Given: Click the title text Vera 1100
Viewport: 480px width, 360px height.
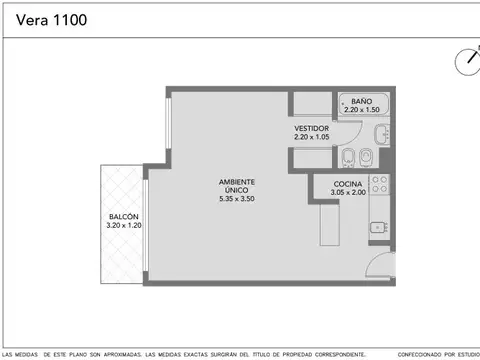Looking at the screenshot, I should (x=58, y=18).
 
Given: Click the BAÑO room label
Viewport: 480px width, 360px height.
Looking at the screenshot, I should (x=361, y=102).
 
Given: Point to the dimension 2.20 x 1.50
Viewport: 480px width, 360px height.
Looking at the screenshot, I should (x=361, y=110).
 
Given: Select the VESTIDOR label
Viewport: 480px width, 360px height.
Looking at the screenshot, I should (x=313, y=129).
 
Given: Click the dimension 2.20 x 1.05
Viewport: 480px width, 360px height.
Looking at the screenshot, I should (x=313, y=137).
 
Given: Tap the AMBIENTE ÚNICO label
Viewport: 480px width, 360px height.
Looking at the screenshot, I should (x=238, y=186).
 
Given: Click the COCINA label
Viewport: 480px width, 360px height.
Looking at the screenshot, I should (x=334, y=185).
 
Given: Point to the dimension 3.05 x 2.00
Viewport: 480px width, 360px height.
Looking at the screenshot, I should (x=334, y=193).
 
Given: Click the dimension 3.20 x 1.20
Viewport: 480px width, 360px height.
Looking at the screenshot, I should (x=124, y=226).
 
